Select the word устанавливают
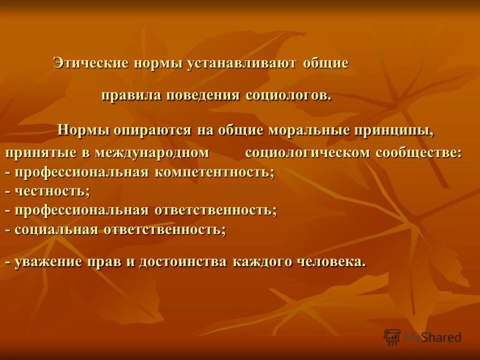coord(243,63)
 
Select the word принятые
coord(40,153)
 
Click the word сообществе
coord(419,152)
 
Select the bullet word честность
coord(52,191)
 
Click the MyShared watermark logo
coord(422,337)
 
